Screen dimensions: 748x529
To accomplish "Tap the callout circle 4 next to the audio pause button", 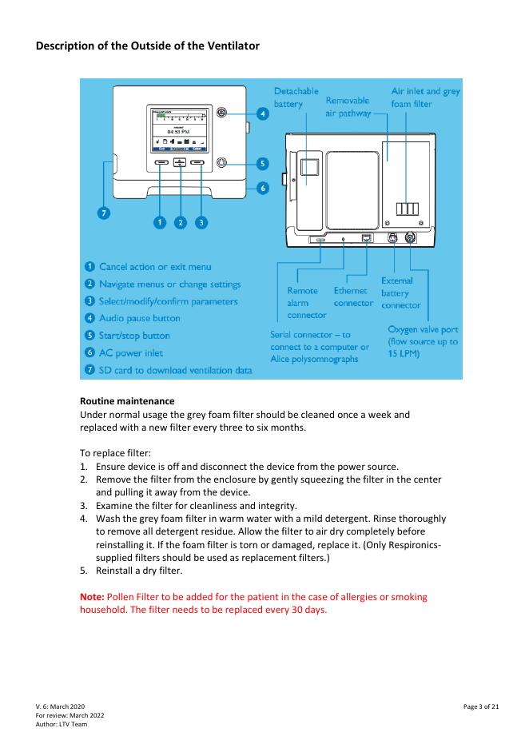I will [261, 115].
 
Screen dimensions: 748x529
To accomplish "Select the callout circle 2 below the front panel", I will [180, 222].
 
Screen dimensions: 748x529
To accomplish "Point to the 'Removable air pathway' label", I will [348, 107].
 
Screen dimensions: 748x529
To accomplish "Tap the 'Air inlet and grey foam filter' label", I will [425, 98].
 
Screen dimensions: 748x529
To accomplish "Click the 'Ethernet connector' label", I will [352, 296].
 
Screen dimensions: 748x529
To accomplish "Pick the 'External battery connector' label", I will [400, 293].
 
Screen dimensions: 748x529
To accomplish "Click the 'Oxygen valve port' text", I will [423, 329].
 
